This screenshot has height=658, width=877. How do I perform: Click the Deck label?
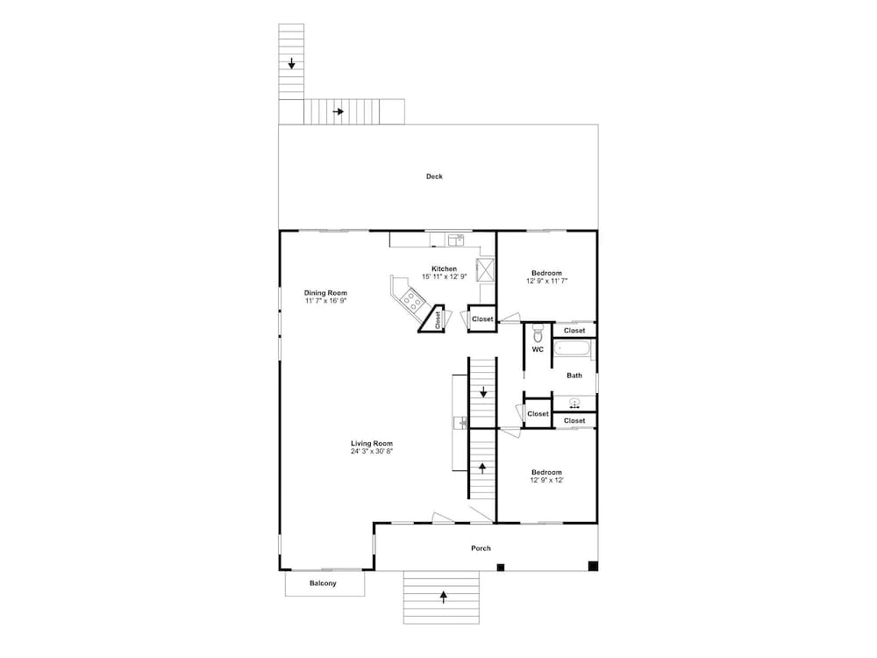pyautogui.click(x=434, y=176)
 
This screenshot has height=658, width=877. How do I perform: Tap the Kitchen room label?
pyautogui.click(x=444, y=269)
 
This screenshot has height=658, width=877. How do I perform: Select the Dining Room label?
pyautogui.click(x=325, y=293)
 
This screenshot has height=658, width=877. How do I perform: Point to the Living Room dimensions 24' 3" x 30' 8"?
pyautogui.click(x=372, y=452)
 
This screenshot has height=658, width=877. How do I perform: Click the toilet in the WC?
pyautogui.click(x=538, y=333)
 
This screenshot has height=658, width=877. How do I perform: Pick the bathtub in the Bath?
pyautogui.click(x=572, y=350)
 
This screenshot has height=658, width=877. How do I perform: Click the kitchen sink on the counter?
pyautogui.click(x=456, y=240)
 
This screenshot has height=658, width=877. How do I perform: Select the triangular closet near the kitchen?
pyautogui.click(x=434, y=319)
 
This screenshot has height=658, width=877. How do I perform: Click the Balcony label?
pyautogui.click(x=324, y=583)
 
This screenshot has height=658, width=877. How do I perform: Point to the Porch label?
pyautogui.click(x=481, y=548)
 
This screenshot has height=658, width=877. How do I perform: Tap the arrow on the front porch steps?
pyautogui.click(x=444, y=597)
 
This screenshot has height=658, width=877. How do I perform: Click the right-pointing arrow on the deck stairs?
pyautogui.click(x=338, y=112)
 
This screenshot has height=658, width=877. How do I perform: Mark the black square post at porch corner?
pyautogui.click(x=593, y=566)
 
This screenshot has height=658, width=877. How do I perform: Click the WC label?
pyautogui.click(x=538, y=350)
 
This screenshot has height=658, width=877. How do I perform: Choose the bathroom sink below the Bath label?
pyautogui.click(x=574, y=403)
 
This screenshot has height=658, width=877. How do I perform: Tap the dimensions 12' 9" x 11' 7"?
pyautogui.click(x=546, y=281)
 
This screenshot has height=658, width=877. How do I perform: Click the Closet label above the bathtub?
pyautogui.click(x=574, y=331)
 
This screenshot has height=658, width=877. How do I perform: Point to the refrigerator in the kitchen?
pyautogui.click(x=485, y=269)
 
